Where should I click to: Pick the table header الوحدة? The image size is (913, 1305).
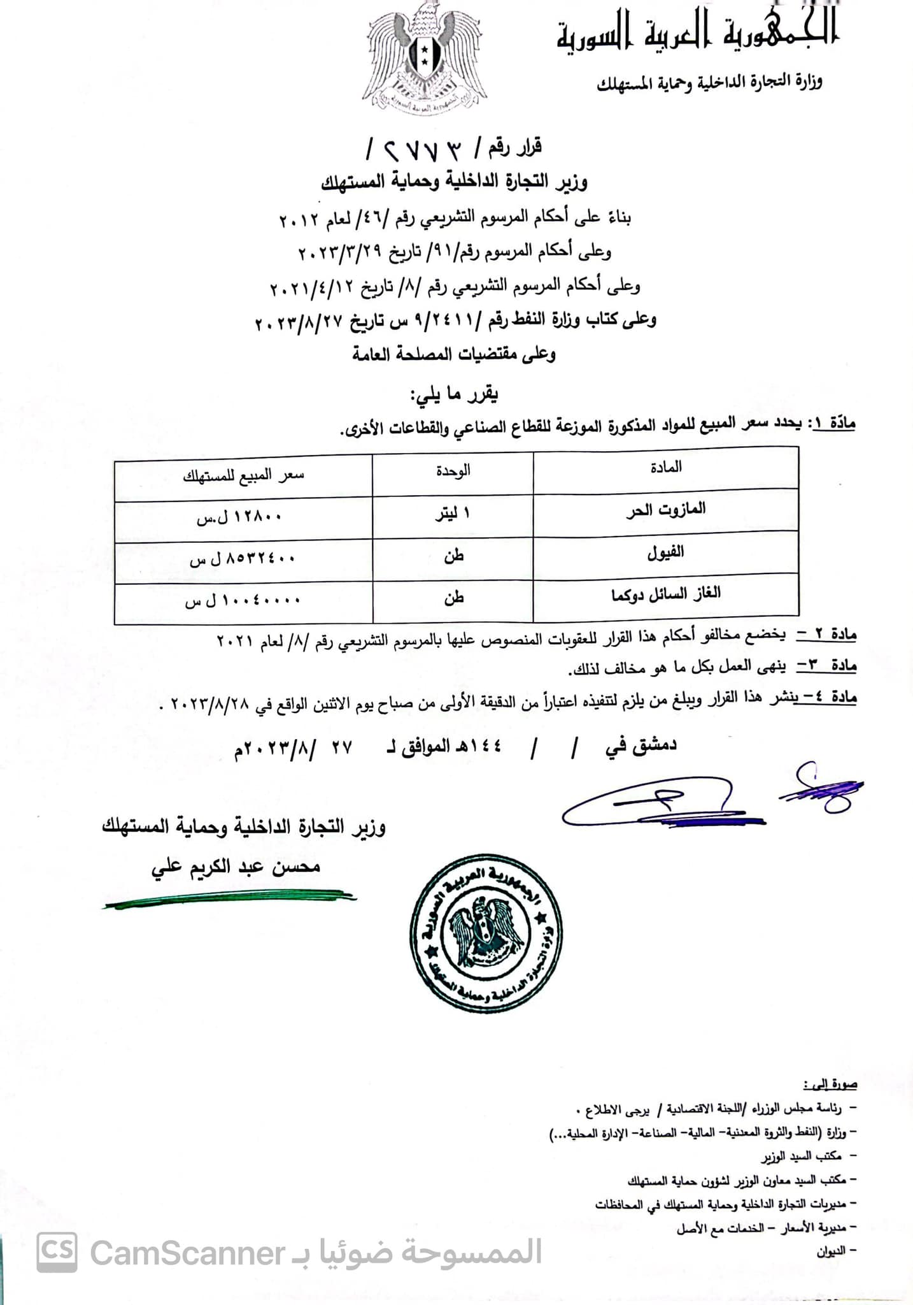[453, 471]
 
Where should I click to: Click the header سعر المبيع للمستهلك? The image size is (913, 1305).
[243, 475]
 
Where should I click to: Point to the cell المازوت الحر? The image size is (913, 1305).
[665, 510]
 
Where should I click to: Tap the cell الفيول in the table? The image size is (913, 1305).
[665, 552]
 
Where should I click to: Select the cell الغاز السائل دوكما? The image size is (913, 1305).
[665, 594]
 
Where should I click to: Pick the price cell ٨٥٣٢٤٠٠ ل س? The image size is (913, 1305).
[242, 559]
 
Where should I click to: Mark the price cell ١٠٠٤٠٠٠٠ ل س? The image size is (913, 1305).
[242, 600]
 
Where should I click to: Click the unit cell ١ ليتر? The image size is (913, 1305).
[453, 514]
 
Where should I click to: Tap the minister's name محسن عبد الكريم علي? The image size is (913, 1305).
[236, 868]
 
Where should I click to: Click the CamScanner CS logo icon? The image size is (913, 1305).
[57, 1251]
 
